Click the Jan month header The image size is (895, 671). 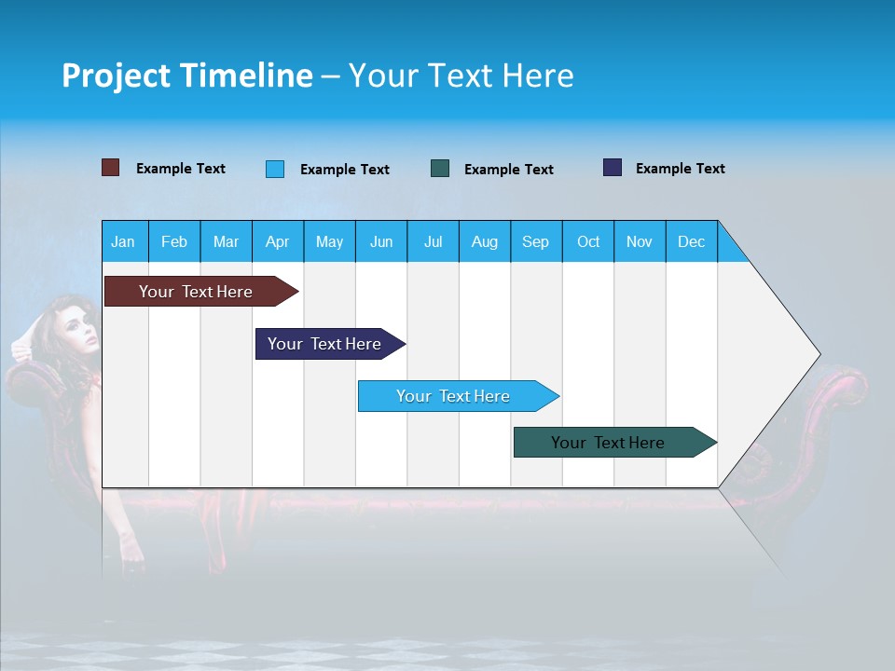pyautogui.click(x=123, y=241)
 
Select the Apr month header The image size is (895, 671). pyautogui.click(x=277, y=241)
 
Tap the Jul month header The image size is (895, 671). pyautogui.click(x=433, y=241)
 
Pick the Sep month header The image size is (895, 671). pyautogui.click(x=535, y=241)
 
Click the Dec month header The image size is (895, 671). pyautogui.click(x=691, y=241)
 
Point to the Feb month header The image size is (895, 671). pyautogui.click(x=174, y=241)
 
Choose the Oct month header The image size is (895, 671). pyautogui.click(x=588, y=241)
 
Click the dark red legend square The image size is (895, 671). pyautogui.click(x=110, y=168)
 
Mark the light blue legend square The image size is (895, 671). pyautogui.click(x=274, y=169)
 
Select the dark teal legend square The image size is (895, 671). pyautogui.click(x=440, y=169)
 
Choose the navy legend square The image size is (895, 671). pyautogui.click(x=613, y=168)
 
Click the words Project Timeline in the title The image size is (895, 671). pyautogui.click(x=187, y=75)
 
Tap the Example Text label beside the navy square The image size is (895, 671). pyautogui.click(x=680, y=169)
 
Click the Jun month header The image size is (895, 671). pyautogui.click(x=380, y=241)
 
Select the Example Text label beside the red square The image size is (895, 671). pyautogui.click(x=180, y=169)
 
